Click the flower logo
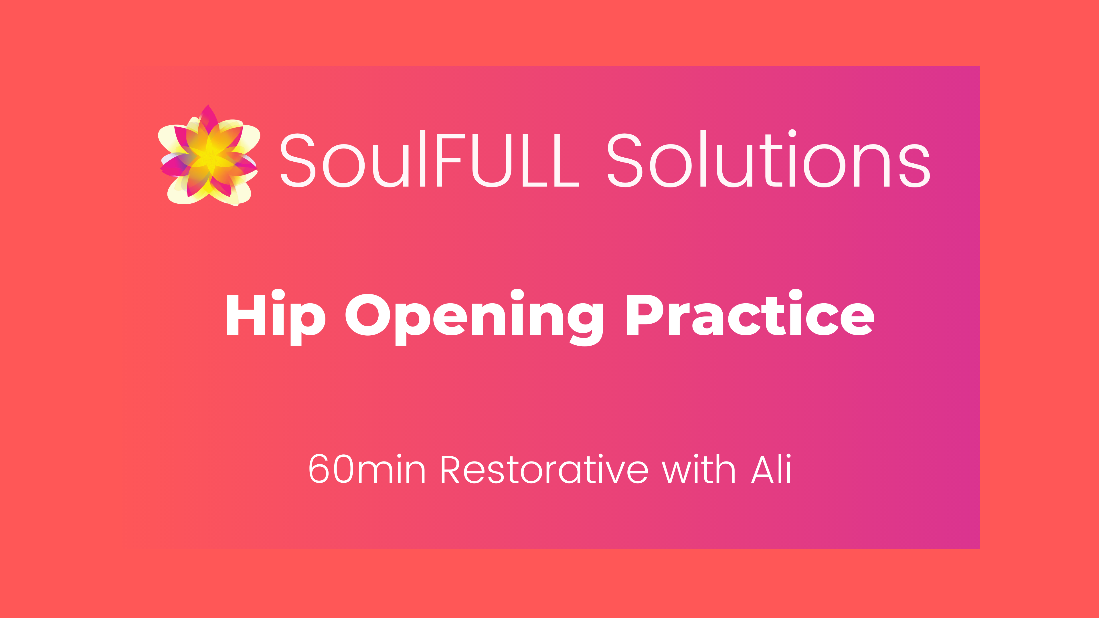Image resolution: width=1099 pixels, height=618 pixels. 209,156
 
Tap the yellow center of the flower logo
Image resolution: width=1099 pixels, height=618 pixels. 210,157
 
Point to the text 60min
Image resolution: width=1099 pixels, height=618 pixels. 367,469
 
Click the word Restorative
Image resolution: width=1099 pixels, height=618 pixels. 544,469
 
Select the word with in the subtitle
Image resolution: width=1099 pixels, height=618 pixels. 698,469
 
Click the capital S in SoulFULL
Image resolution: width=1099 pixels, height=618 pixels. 297,160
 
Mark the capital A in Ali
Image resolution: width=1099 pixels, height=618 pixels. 762,470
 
